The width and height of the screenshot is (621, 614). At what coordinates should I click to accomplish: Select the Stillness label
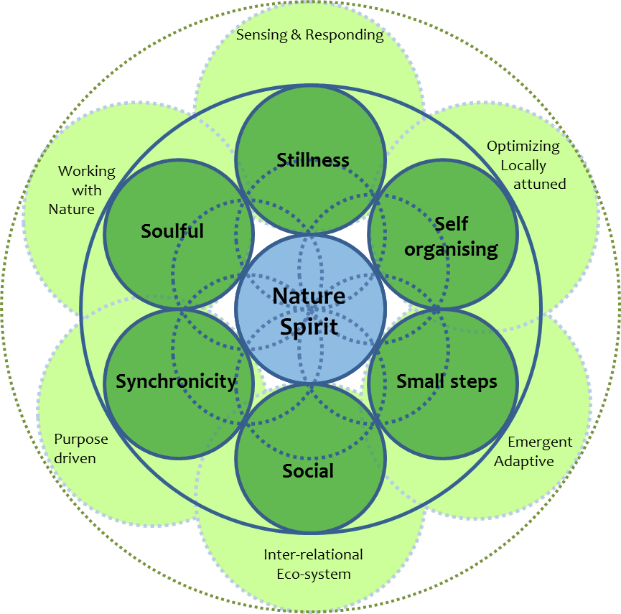click(x=313, y=160)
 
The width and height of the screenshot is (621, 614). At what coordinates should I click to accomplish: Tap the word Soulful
click(x=172, y=231)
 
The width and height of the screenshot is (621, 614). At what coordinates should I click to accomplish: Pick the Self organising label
click(x=451, y=236)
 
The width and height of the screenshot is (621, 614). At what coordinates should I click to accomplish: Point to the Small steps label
click(x=447, y=381)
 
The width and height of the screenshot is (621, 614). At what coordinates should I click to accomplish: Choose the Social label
click(x=308, y=471)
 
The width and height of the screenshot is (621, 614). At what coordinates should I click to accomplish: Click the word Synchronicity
click(x=176, y=381)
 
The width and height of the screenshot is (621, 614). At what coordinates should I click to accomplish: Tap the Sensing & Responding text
click(x=310, y=34)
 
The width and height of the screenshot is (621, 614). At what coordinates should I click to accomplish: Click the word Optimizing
click(x=523, y=146)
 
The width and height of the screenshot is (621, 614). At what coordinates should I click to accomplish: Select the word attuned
click(x=539, y=184)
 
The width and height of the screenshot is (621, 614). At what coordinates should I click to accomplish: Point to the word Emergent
click(x=540, y=442)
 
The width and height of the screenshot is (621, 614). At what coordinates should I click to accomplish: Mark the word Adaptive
click(x=524, y=461)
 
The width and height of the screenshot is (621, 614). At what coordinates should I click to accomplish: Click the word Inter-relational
click(x=313, y=554)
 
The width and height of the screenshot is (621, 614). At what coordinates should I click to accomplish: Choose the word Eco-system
click(x=314, y=574)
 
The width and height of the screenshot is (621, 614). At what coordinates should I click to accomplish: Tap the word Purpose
click(x=81, y=439)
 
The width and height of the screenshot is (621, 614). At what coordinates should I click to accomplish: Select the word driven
click(x=75, y=458)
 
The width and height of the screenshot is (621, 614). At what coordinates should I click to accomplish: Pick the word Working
click(x=86, y=171)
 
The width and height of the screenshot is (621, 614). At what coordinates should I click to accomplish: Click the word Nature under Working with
click(x=72, y=209)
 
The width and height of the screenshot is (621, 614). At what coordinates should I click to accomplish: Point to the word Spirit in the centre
click(x=309, y=327)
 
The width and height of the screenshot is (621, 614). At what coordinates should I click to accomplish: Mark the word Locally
click(x=523, y=165)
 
